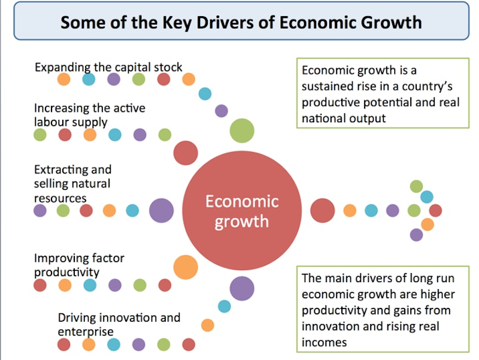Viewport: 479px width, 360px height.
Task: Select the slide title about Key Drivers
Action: point(240,22)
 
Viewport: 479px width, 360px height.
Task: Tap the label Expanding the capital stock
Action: point(108,66)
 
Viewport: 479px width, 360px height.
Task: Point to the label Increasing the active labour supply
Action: point(89,114)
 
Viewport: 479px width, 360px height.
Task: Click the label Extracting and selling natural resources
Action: point(72,183)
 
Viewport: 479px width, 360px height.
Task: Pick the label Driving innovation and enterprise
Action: point(119,323)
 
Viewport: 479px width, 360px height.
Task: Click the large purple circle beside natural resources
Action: point(161,210)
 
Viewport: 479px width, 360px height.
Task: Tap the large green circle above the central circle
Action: point(242,131)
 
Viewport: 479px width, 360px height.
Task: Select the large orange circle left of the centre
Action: point(186,266)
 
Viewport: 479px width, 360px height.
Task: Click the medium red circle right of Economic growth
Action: point(323,210)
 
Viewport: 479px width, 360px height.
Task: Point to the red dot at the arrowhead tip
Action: point(435,210)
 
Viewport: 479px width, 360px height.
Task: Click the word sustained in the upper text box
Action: point(331,86)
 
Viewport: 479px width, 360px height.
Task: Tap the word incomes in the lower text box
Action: point(324,342)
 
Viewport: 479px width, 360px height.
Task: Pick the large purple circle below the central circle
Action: point(242,288)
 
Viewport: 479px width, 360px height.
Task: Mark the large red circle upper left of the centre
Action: point(186,153)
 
